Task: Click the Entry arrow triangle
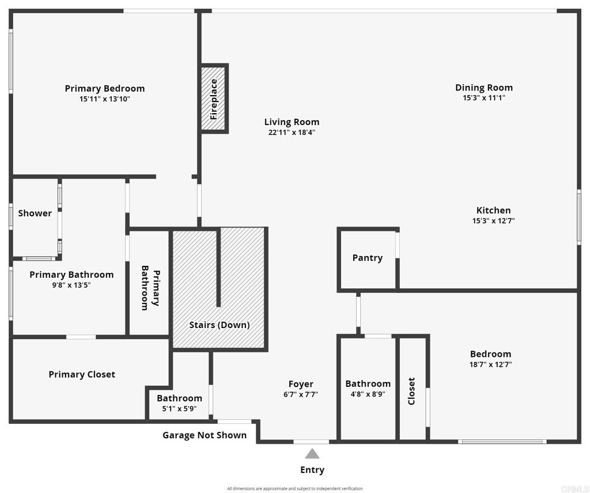click(312, 454)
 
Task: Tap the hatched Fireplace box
click(214, 99)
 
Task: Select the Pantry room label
click(367, 258)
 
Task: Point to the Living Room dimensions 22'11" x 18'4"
click(292, 133)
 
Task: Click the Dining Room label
click(483, 88)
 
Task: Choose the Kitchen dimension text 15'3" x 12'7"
click(493, 221)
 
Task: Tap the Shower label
click(35, 213)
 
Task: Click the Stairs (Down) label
click(220, 325)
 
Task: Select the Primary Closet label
click(82, 375)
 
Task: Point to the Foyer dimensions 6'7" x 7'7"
click(301, 395)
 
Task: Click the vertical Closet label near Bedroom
click(411, 391)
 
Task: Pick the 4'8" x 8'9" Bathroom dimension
click(368, 394)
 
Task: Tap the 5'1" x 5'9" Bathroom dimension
click(179, 409)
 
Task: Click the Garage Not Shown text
click(205, 435)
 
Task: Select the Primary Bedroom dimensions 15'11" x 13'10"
click(105, 99)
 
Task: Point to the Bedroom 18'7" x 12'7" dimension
click(490, 364)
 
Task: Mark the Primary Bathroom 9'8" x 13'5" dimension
click(71, 285)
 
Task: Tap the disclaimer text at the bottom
click(294, 488)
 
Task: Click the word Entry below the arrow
click(312, 470)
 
